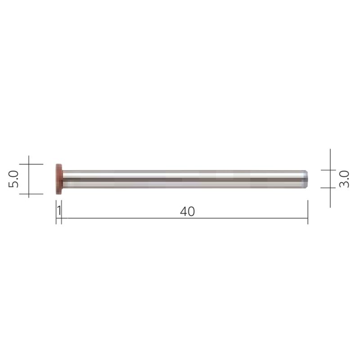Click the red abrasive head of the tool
pos(58,179)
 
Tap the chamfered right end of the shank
pos(306,179)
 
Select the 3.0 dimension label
pos(344,179)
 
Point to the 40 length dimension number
pos(188,211)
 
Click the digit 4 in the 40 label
pos(184,211)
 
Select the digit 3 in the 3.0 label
pos(344,184)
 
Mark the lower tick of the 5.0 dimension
pos(29,194)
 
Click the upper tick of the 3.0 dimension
pos(330,170)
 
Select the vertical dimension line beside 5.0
pos(29,179)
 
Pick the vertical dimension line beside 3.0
pos(330,179)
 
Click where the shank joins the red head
pos(63,179)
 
